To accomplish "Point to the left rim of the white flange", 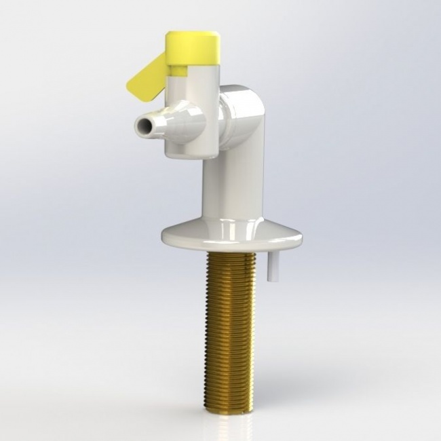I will [x=166, y=237].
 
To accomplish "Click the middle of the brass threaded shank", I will [x=229, y=326].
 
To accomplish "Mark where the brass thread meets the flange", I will [x=229, y=253].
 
